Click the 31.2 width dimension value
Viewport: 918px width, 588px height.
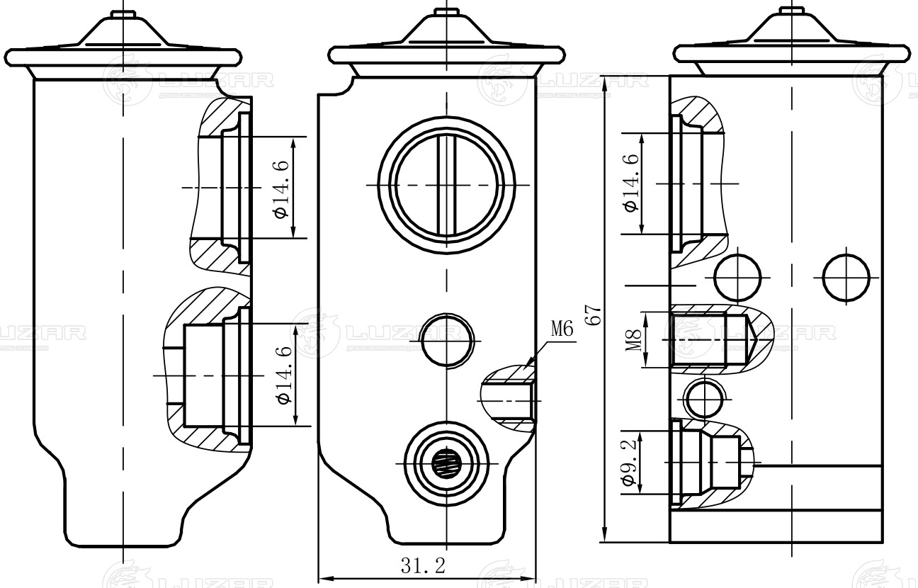point(424,565)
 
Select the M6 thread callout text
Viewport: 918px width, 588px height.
point(561,328)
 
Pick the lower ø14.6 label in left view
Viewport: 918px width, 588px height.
point(283,375)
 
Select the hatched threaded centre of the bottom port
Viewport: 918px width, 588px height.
point(446,464)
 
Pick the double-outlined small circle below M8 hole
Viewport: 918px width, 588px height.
point(705,398)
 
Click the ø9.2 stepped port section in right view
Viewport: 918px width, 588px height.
point(708,464)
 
